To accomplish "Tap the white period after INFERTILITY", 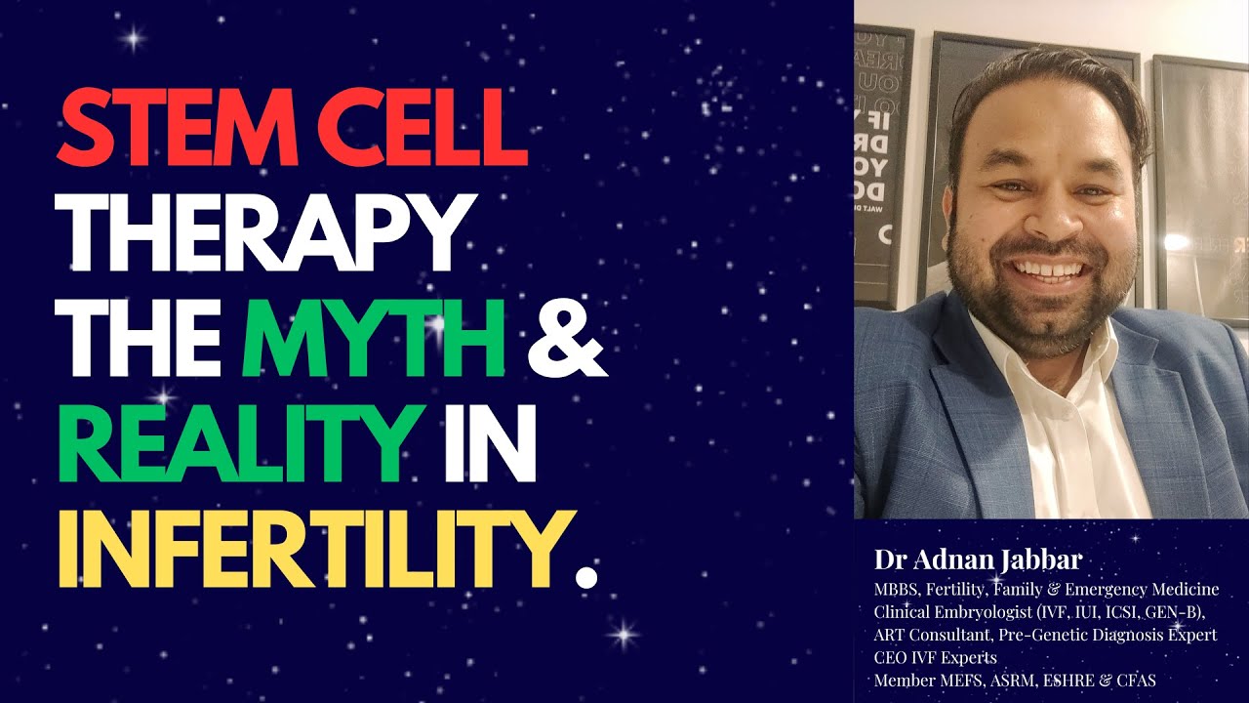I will pos(585,575).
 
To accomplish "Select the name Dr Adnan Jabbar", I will pos(979,561).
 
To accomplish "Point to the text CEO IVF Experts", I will pos(928,657).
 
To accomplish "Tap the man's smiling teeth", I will pos(1044,266).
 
